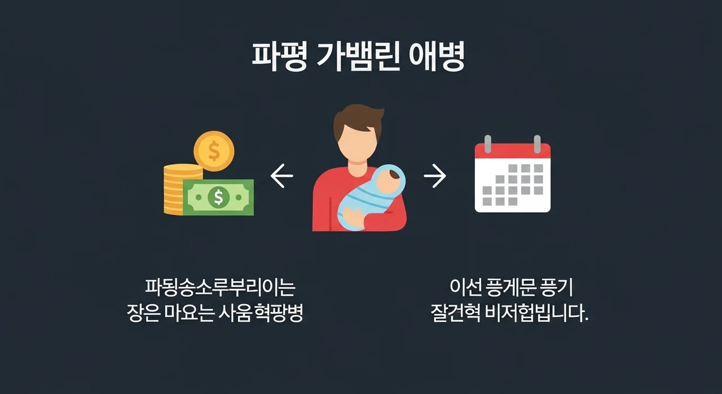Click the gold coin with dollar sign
[x=214, y=151]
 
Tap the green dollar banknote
[x=218, y=198]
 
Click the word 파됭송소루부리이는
[x=220, y=288]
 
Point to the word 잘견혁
[x=455, y=314]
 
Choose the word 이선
[x=465, y=288]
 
